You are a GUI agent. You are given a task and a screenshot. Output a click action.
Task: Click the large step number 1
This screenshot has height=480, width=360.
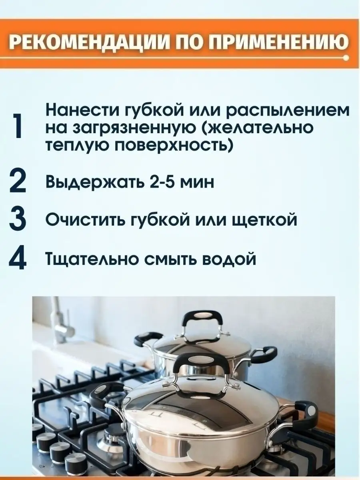[x=18, y=126]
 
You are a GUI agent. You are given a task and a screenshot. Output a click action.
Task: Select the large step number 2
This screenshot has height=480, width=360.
[x=18, y=182]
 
